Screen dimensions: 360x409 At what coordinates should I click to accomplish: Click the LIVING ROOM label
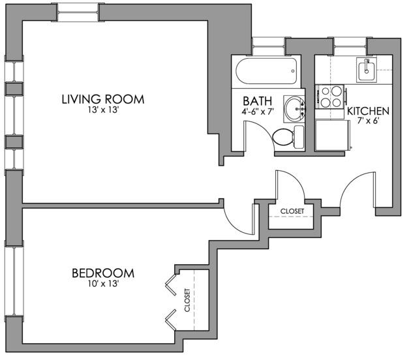pos(103,100)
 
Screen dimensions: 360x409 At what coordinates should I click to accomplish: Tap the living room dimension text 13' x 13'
pos(103,111)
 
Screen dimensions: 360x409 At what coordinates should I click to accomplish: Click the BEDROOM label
pos(103,273)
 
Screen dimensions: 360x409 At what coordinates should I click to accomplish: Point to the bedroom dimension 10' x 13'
pos(103,284)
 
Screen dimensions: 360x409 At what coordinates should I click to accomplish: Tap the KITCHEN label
pos(368,112)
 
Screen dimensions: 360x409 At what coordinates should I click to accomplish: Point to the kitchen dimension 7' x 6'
pos(368,122)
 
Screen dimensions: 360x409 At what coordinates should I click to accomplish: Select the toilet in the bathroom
pos(287,136)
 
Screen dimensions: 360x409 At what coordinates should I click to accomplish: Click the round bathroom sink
pos(295,106)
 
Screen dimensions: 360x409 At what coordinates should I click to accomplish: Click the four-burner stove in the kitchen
pos(330,97)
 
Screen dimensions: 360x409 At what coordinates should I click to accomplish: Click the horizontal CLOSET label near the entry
pos(292,211)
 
